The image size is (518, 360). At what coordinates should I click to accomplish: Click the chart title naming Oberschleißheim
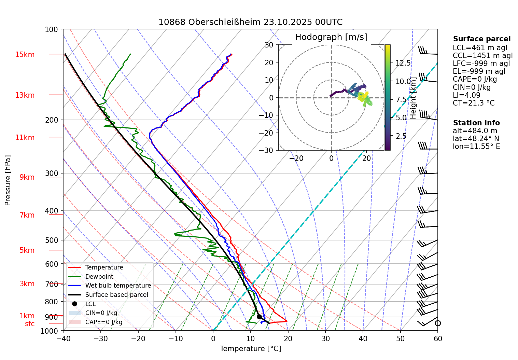pyautogui.click(x=250, y=22)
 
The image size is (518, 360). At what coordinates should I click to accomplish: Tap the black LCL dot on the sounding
pyautogui.click(x=259, y=317)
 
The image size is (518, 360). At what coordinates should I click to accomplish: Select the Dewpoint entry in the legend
pyautogui.click(x=99, y=277)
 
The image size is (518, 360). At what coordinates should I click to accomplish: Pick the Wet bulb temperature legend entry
pyautogui.click(x=118, y=286)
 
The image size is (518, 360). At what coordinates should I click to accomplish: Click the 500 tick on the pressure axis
pyautogui.click(x=52, y=240)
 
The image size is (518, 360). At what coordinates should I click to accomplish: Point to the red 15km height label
pyautogui.click(x=25, y=55)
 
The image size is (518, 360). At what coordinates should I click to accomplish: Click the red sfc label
pyautogui.click(x=30, y=324)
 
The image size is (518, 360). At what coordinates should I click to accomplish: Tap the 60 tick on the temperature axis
pyautogui.click(x=438, y=339)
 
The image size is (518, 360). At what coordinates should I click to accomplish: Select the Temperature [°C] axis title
pyautogui.click(x=250, y=349)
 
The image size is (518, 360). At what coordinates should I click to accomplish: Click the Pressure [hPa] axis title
pyautogui.click(x=8, y=180)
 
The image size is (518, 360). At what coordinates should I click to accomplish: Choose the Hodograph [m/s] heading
pyautogui.click(x=331, y=37)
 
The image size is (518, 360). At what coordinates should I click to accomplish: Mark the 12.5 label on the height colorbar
pyautogui.click(x=403, y=63)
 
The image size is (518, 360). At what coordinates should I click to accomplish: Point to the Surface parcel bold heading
pyautogui.click(x=481, y=39)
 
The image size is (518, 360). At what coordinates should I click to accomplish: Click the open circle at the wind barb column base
pyautogui.click(x=438, y=323)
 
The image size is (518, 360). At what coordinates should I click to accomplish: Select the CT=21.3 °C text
pyautogui.click(x=473, y=103)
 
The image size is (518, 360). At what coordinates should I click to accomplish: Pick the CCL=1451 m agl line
pyautogui.click(x=482, y=56)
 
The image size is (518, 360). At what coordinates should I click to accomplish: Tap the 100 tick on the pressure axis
pyautogui.click(x=52, y=30)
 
